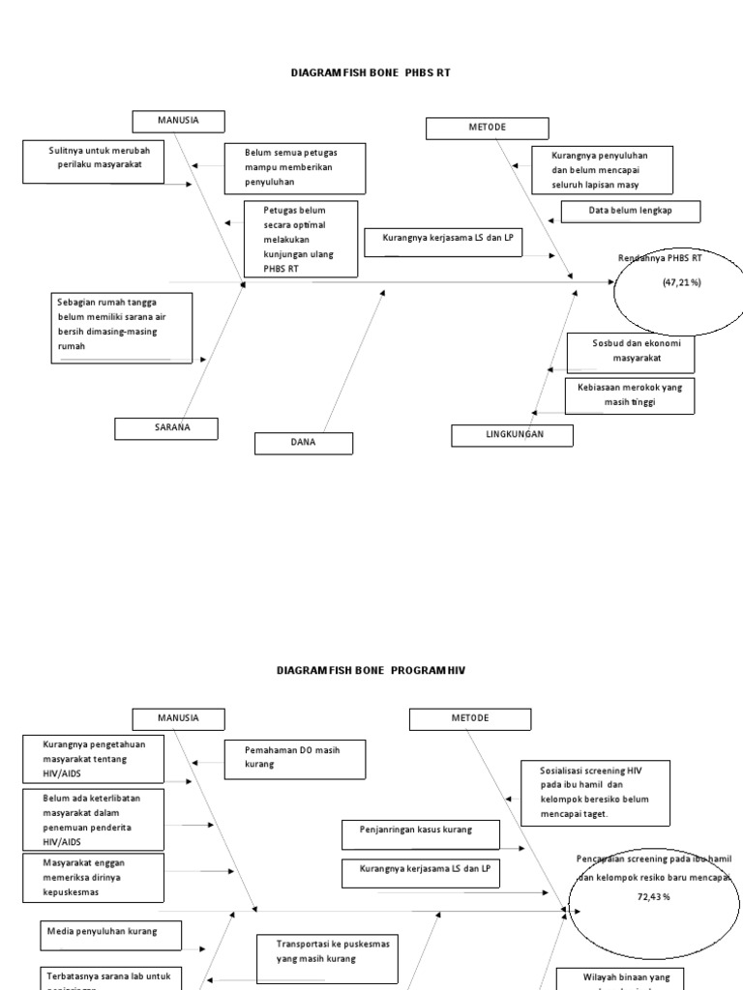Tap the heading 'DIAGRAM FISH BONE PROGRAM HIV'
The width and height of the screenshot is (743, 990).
click(x=371, y=669)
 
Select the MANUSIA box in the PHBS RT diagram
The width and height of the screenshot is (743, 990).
click(x=178, y=121)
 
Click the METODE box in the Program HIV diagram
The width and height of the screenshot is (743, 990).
click(x=469, y=718)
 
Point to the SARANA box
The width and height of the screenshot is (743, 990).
click(x=165, y=428)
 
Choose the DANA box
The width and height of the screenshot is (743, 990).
click(x=304, y=444)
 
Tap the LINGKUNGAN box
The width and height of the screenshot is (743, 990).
click(x=512, y=435)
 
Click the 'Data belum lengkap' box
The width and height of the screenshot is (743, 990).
click(x=630, y=211)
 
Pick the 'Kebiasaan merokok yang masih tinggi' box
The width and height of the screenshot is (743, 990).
click(x=629, y=395)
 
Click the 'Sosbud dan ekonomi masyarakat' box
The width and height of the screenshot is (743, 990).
click(x=630, y=354)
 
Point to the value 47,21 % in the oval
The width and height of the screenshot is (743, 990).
click(x=681, y=282)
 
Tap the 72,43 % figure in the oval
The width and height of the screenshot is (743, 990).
click(x=653, y=897)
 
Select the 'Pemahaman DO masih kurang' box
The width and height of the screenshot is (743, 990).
click(x=295, y=759)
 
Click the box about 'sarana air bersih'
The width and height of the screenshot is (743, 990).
click(x=122, y=329)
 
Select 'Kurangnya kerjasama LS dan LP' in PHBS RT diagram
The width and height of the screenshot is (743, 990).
click(x=443, y=242)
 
